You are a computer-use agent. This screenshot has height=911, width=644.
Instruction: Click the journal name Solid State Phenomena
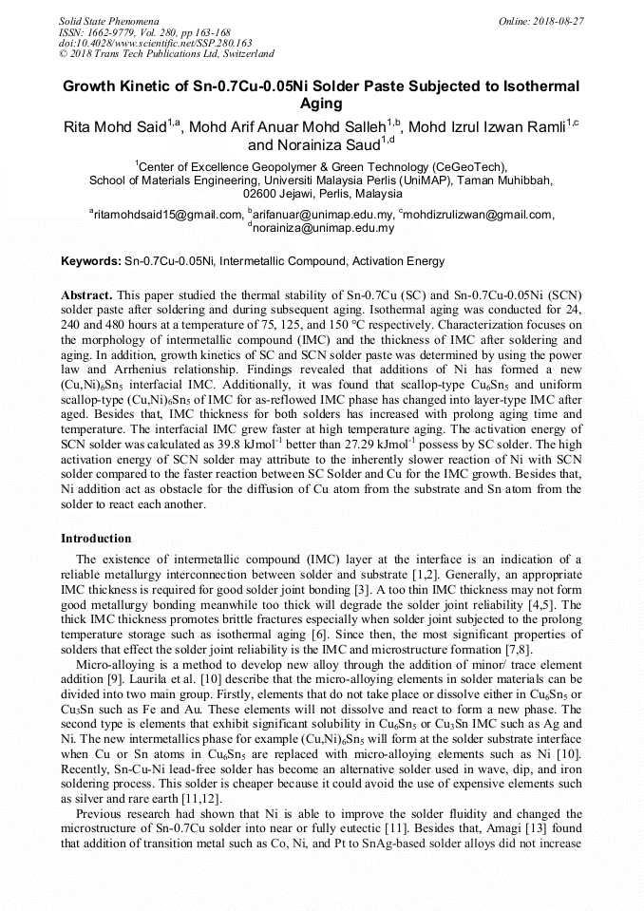tap(108, 21)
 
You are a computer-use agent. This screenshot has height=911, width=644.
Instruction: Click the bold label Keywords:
tap(91, 260)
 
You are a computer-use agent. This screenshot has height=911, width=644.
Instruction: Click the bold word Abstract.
tap(90, 296)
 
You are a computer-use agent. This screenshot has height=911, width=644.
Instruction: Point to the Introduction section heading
tap(96, 539)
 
